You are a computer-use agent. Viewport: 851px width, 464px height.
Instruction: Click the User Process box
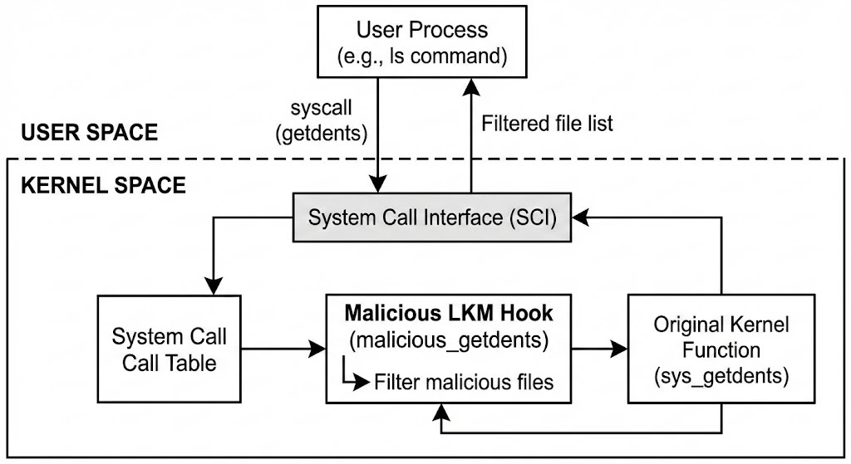422,42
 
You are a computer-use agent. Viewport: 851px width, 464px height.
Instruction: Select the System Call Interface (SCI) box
432,218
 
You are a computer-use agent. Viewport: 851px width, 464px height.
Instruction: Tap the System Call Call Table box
170,349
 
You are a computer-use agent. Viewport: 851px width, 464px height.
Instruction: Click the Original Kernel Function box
721,349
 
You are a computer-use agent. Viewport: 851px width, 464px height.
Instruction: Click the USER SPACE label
89,133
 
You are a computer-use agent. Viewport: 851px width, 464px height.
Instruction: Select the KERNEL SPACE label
102,184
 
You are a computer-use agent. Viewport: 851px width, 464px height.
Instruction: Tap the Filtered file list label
547,124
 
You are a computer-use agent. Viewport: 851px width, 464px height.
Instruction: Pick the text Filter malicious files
463,383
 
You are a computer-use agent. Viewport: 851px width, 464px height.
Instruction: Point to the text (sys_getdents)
721,376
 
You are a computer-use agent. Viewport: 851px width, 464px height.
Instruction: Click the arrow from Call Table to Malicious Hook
283,349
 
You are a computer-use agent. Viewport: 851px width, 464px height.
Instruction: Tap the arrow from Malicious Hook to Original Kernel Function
599,349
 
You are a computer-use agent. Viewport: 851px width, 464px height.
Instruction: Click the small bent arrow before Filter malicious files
354,377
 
